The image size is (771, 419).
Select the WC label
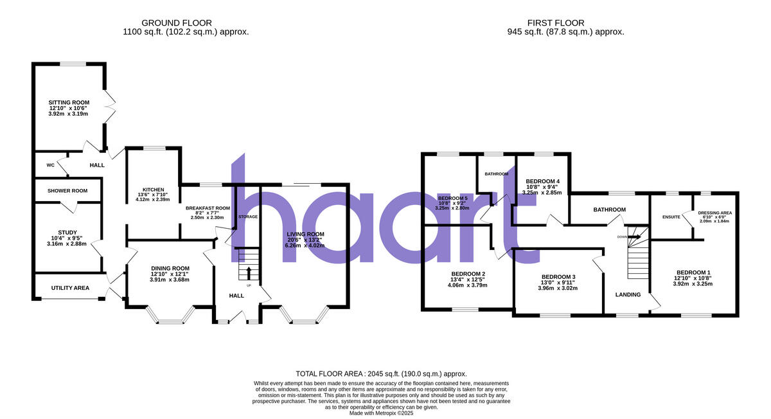pyautogui.click(x=50, y=165)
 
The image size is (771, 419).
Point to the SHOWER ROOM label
pyautogui.click(x=68, y=191)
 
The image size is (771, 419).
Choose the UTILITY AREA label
pyautogui.click(x=70, y=288)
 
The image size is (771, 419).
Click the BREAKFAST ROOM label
pyautogui.click(x=208, y=208)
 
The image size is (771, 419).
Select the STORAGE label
pyautogui.click(x=247, y=217)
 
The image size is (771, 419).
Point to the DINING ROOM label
pyautogui.click(x=170, y=268)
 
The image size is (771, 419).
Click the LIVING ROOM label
pyautogui.click(x=306, y=234)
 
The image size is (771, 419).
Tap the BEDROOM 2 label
pyautogui.click(x=467, y=274)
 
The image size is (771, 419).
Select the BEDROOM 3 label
pyautogui.click(x=558, y=277)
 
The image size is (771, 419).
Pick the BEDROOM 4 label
pyautogui.click(x=542, y=181)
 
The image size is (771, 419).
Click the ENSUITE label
pyautogui.click(x=671, y=217)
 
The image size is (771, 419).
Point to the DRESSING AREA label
pyautogui.click(x=714, y=213)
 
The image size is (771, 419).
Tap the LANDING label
pyautogui.click(x=628, y=295)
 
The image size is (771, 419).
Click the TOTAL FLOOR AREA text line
pyautogui.click(x=381, y=373)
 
